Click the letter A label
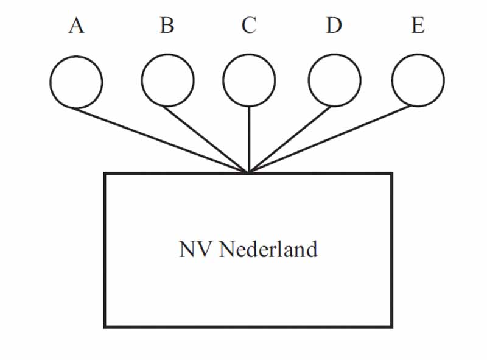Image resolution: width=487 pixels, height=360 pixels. [76, 26]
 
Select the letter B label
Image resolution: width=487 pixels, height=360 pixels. [167, 26]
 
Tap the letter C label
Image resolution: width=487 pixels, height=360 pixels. [248, 26]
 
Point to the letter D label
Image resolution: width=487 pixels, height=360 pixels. [333, 26]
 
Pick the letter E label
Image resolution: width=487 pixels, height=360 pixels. [418, 26]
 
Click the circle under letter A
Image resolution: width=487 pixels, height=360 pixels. [76, 82]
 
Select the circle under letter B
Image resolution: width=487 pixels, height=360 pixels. [167, 80]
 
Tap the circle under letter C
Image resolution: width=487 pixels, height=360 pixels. [249, 80]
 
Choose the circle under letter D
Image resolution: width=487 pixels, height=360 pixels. [334, 80]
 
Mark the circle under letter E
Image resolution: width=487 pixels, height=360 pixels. [418, 80]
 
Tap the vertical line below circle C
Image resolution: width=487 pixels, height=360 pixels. [249, 139]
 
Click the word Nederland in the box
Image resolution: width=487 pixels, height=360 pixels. [268, 249]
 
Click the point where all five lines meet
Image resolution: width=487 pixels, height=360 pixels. [249, 172]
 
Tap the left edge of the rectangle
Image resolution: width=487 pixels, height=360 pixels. [105, 250]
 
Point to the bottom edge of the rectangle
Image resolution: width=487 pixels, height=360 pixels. [248, 326]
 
